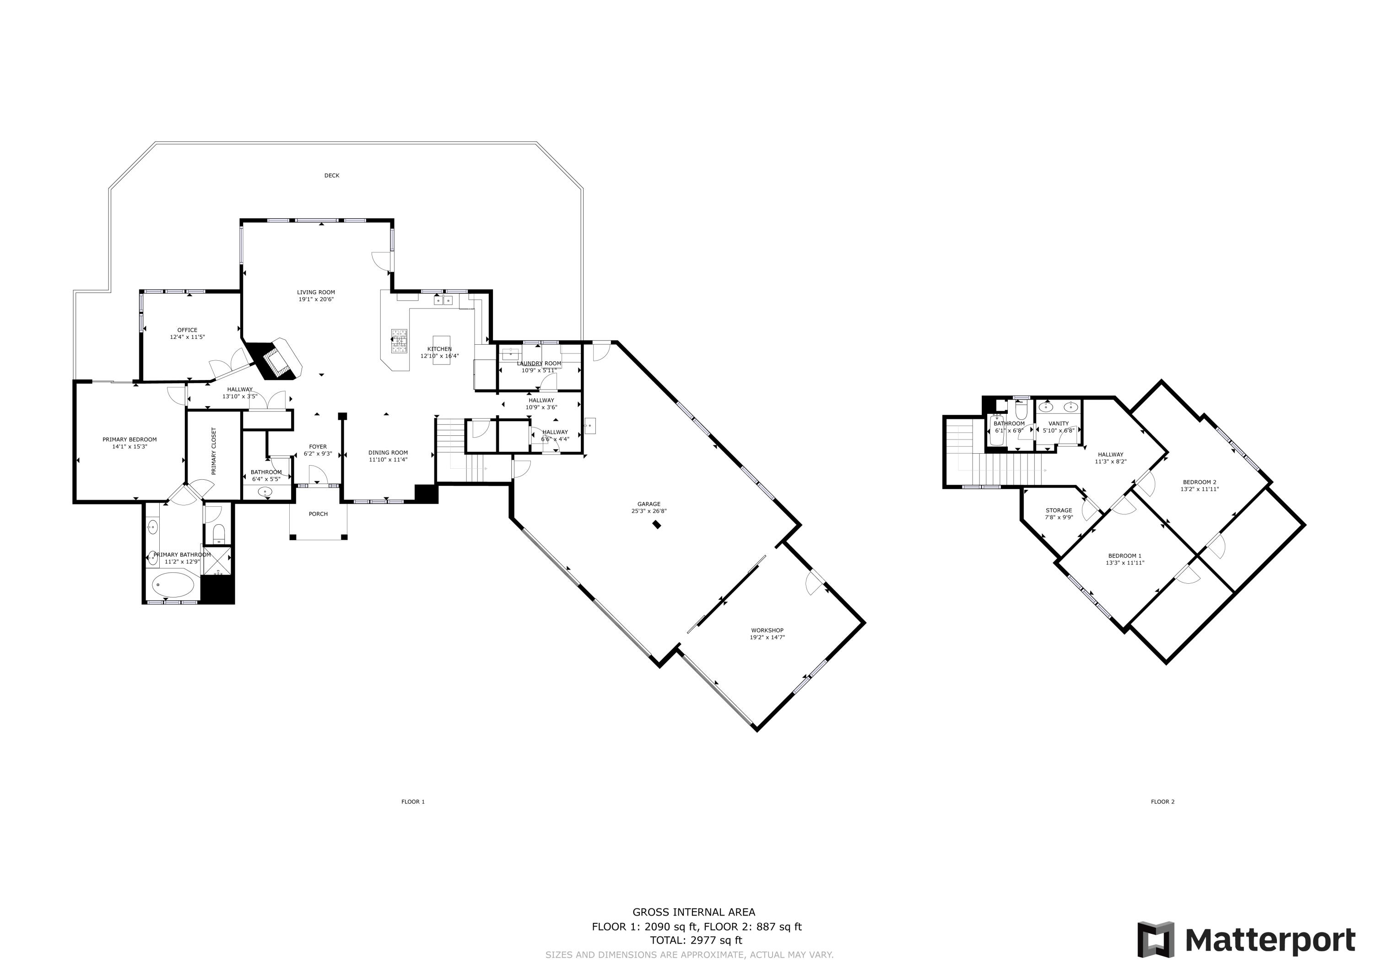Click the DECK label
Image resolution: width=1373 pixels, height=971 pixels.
(x=331, y=175)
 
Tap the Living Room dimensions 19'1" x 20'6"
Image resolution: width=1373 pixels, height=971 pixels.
(x=316, y=299)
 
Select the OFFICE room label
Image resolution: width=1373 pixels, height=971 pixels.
(x=187, y=330)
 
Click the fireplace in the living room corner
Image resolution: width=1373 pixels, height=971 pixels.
(x=279, y=361)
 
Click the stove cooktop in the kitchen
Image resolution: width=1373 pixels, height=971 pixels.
(x=399, y=343)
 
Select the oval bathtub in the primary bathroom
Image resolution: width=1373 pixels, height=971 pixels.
(x=173, y=585)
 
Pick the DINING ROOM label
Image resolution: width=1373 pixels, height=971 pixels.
(x=388, y=453)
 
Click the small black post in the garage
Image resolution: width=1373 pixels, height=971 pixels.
(x=657, y=525)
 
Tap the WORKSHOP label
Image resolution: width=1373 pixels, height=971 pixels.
(x=767, y=630)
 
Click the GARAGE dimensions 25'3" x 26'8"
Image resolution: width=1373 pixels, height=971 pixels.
(x=649, y=511)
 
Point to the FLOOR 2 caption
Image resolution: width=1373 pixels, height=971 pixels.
(x=1162, y=802)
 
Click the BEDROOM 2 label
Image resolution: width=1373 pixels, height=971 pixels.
(x=1199, y=482)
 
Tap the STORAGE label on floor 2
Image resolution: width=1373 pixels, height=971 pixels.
(x=1059, y=510)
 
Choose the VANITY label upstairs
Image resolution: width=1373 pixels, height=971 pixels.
(x=1059, y=423)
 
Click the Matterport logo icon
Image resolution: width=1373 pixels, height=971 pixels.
(x=1155, y=939)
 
